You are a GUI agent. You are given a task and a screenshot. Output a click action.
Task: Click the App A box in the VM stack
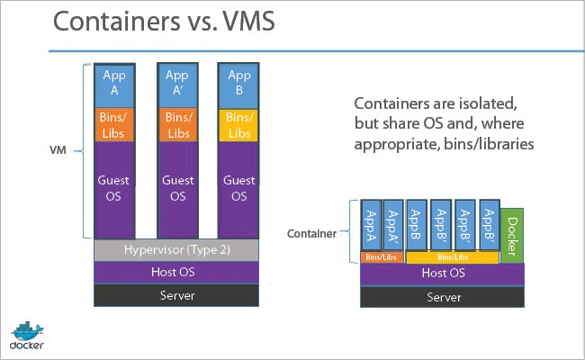point(117,85)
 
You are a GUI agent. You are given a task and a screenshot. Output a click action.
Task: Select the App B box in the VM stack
point(239,85)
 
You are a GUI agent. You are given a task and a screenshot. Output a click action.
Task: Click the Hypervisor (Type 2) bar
point(177,248)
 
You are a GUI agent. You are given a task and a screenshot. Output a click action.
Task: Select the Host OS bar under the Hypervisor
point(177,272)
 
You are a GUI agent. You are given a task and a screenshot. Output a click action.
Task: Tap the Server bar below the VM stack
point(177,295)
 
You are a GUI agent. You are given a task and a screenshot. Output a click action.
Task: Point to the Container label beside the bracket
point(310,233)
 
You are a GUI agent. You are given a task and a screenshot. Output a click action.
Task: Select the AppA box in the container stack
point(371,225)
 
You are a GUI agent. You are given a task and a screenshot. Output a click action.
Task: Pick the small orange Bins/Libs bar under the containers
point(382,257)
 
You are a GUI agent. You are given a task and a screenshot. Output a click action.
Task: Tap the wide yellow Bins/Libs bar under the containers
point(452,257)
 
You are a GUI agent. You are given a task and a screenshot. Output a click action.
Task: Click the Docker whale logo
point(27,332)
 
